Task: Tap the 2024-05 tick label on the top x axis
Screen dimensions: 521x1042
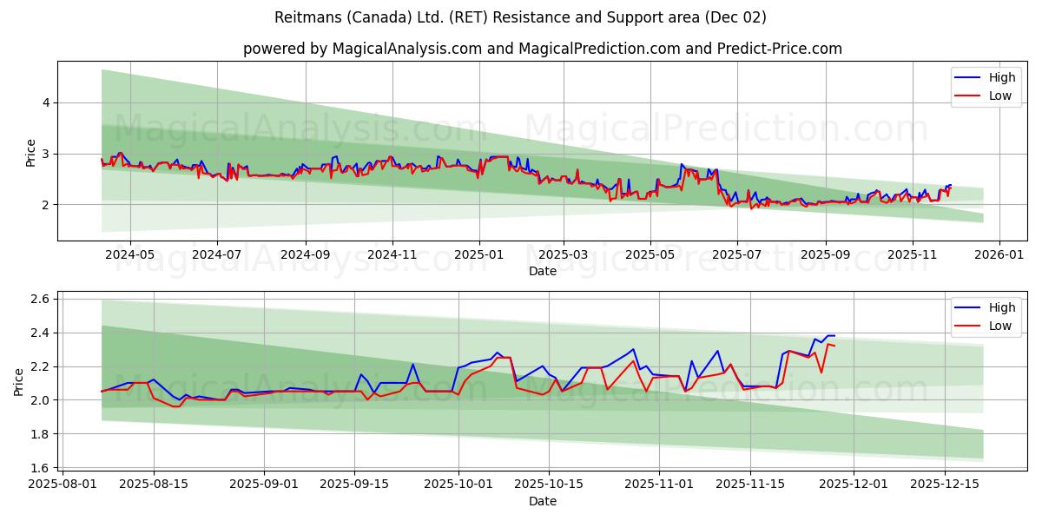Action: coord(130,254)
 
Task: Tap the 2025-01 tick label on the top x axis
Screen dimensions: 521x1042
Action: coord(478,254)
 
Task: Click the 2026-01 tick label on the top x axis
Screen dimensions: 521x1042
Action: coord(999,254)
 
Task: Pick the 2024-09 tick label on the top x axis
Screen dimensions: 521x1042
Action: coord(305,254)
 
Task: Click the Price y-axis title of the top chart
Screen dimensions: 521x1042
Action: coord(30,153)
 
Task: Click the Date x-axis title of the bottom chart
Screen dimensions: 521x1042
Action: coord(543,501)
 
